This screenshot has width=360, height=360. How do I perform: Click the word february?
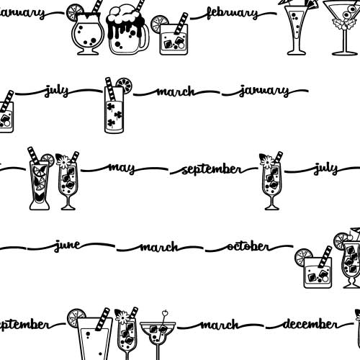click(233, 13)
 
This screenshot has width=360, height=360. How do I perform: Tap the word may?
click(122, 168)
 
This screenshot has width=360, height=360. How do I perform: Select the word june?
click(68, 246)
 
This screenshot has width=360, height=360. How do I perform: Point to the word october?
click(248, 246)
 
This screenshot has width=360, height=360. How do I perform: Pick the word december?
click(310, 324)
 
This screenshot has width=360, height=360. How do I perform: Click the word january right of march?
click(264, 91)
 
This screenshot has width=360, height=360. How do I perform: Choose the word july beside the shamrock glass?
click(57, 91)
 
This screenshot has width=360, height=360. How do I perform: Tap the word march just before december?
click(220, 325)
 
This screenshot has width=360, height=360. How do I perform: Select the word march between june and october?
click(159, 247)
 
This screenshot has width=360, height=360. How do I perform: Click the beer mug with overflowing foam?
click(128, 30)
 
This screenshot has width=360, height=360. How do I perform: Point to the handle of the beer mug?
click(145, 38)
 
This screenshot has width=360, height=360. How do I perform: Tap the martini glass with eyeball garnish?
click(344, 27)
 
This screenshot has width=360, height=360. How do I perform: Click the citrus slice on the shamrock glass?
click(125, 85)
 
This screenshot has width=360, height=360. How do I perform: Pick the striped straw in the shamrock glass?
click(110, 89)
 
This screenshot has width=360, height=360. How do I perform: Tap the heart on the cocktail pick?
click(165, 313)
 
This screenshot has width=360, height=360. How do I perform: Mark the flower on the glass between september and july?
click(266, 161)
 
